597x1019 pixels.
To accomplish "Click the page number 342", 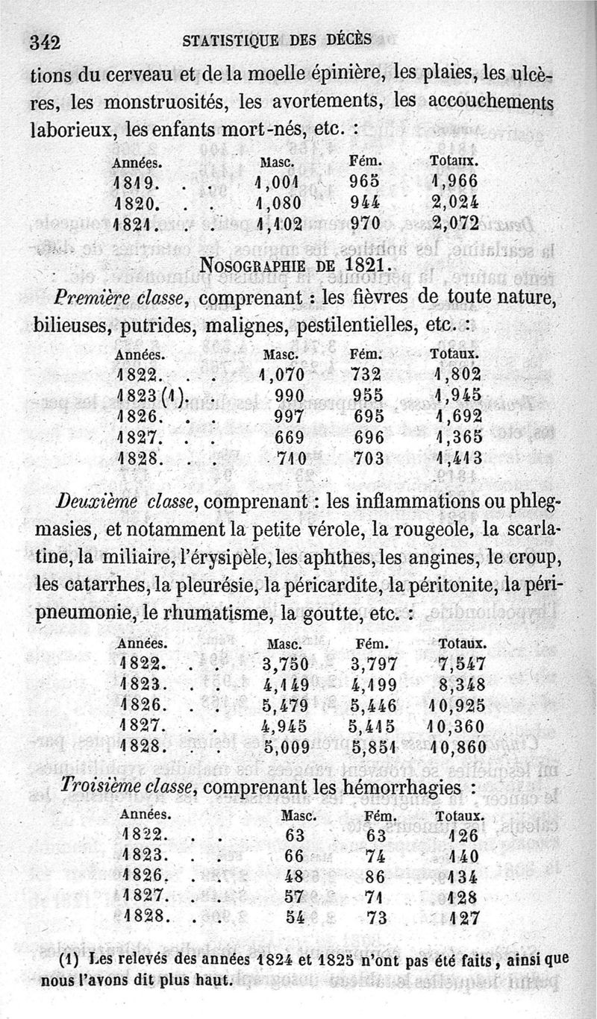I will point(44,42).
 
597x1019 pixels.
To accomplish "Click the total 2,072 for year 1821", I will point(454,222).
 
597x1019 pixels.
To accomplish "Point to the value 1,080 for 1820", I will point(278,201).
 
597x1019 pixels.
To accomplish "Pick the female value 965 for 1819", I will point(365,181).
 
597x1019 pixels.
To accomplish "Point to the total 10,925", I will point(457,705).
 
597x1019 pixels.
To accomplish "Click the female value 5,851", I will point(374,747).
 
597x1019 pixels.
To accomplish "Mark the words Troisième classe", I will point(128,787).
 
